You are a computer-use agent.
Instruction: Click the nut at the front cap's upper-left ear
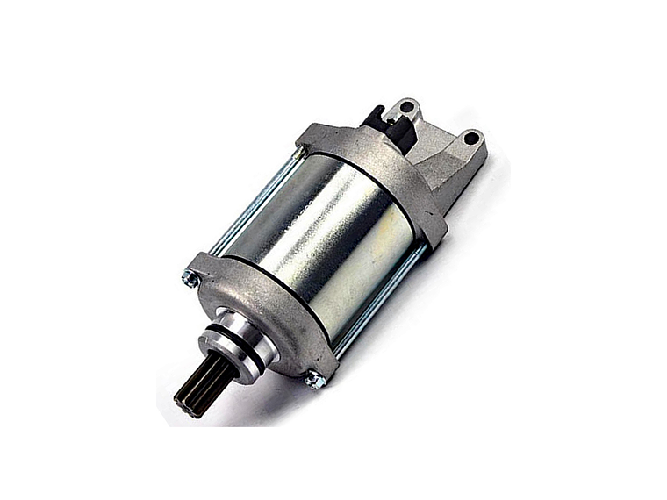click(x=187, y=279)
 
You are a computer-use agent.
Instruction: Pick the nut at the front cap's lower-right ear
click(x=312, y=379)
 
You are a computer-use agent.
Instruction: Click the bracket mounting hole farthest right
click(x=471, y=138)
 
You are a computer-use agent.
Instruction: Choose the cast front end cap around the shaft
click(x=263, y=316)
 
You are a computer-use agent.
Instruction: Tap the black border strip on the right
click(x=625, y=250)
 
